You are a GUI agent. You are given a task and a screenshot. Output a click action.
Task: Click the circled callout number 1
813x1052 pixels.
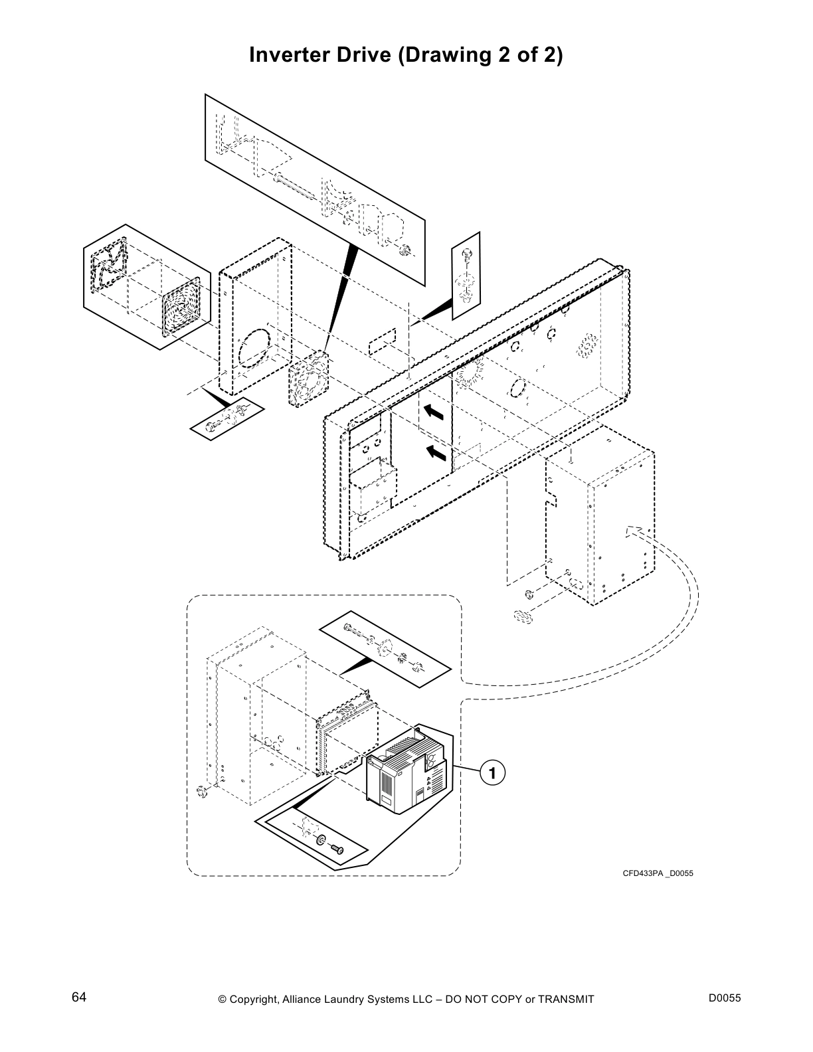pos(492,773)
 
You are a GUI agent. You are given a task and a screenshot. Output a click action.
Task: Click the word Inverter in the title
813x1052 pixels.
pos(287,55)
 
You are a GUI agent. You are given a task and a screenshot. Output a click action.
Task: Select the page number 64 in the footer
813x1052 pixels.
pos(79,998)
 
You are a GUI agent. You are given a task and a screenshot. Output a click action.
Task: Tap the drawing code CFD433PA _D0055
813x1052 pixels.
pos(657,873)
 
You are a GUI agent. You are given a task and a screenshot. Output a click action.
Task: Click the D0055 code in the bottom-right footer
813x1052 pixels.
pos(725,998)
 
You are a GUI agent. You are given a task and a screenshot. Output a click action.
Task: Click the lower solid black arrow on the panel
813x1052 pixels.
pos(435,454)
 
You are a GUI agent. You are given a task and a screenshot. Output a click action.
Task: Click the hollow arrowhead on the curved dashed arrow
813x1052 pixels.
pos(635,531)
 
